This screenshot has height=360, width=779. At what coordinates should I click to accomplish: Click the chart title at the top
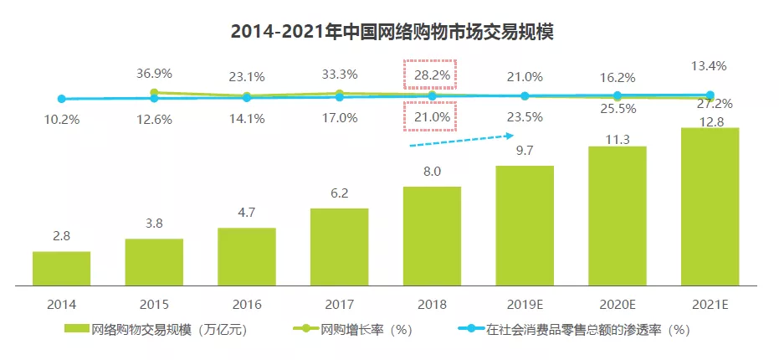(x=392, y=32)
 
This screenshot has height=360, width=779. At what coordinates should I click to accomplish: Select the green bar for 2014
(x=61, y=268)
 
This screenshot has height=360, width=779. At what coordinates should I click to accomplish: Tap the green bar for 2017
(x=339, y=246)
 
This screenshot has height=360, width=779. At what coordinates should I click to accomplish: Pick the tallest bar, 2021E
(x=710, y=206)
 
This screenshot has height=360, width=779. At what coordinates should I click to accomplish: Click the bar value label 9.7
(x=524, y=152)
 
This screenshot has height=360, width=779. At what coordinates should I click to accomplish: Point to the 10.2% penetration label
(x=61, y=119)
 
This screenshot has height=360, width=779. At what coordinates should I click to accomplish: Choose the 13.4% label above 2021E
(x=710, y=65)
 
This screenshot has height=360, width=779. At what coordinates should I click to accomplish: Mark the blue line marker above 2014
(x=61, y=99)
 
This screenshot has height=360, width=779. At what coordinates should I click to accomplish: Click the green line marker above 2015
(x=154, y=92)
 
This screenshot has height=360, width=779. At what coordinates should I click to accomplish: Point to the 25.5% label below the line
(x=618, y=109)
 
